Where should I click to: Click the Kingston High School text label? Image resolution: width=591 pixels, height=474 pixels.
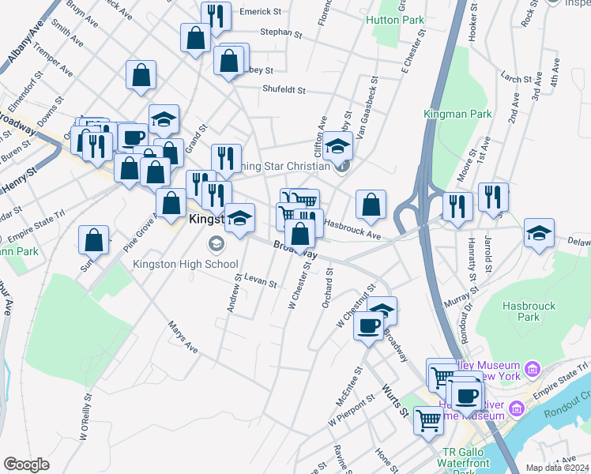[186, 264]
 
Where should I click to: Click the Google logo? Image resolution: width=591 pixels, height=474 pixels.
[27, 465]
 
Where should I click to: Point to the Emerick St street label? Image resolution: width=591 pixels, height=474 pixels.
[261, 12]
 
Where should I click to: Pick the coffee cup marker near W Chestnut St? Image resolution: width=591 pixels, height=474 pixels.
[368, 326]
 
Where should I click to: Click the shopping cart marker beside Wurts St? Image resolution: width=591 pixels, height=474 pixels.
[428, 419]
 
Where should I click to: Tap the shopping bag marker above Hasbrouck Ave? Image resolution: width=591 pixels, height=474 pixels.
[371, 205]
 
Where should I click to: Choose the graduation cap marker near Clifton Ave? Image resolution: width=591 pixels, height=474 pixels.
[337, 147]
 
